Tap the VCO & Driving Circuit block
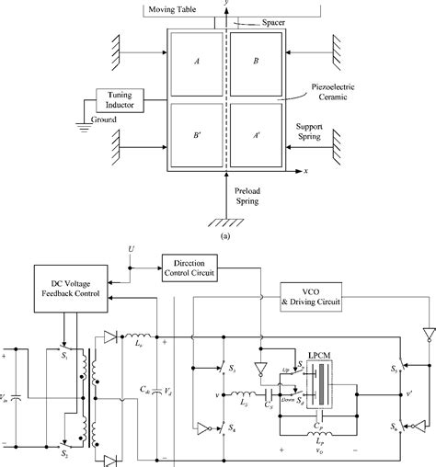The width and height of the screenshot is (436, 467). click(319, 297)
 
